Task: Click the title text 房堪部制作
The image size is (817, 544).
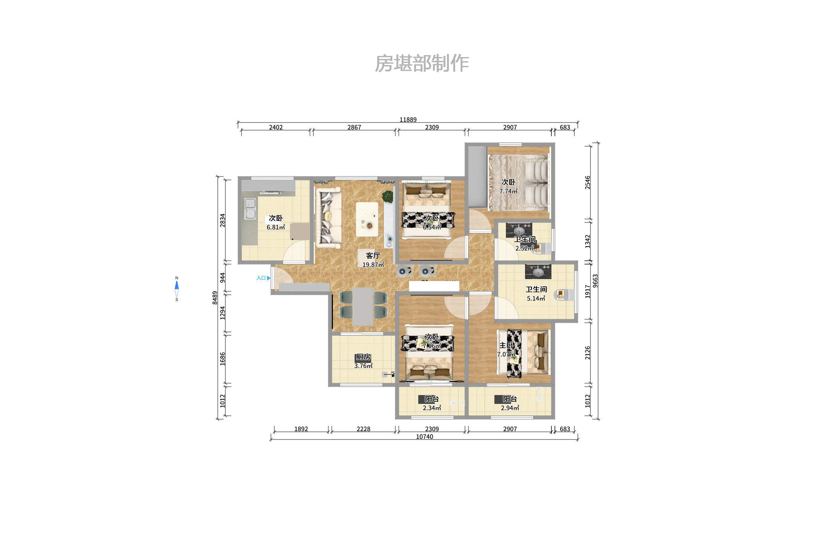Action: pyautogui.click(x=421, y=64)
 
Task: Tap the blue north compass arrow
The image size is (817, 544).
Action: pyautogui.click(x=176, y=286)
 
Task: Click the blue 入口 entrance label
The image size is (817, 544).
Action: pyautogui.click(x=261, y=278)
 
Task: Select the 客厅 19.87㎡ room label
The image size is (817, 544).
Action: pyautogui.click(x=373, y=260)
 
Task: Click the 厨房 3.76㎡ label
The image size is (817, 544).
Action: pyautogui.click(x=363, y=361)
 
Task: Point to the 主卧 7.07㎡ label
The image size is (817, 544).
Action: pyautogui.click(x=506, y=349)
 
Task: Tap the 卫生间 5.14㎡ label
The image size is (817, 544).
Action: pyautogui.click(x=536, y=294)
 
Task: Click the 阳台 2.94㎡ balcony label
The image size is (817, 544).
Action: pyautogui.click(x=509, y=403)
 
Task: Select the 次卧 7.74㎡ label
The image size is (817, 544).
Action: pyautogui.click(x=508, y=186)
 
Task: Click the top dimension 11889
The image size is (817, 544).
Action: pyautogui.click(x=408, y=119)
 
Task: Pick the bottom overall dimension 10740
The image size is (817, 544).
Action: pyautogui.click(x=424, y=437)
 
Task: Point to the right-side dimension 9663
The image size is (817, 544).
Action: pyautogui.click(x=595, y=281)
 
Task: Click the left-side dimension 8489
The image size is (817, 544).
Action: pyautogui.click(x=215, y=298)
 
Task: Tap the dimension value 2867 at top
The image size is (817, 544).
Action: pyautogui.click(x=354, y=127)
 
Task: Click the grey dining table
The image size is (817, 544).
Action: pyautogui.click(x=363, y=307)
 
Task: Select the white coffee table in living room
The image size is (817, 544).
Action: pyautogui.click(x=367, y=219)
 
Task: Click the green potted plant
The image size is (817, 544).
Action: pyautogui.click(x=388, y=196)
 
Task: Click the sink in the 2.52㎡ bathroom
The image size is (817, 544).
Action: pyautogui.click(x=519, y=230)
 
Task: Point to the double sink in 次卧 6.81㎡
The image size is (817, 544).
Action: pyautogui.click(x=250, y=209)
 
